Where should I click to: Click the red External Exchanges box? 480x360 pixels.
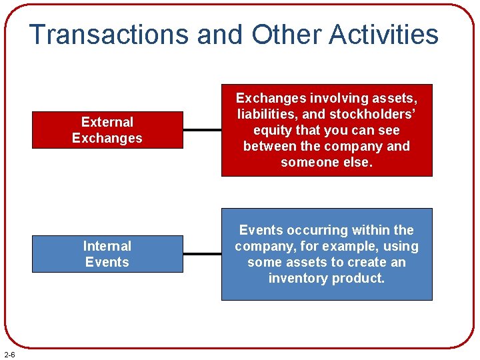click(x=107, y=130)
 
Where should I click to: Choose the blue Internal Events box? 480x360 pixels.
click(x=107, y=254)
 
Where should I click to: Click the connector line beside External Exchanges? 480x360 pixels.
click(x=202, y=130)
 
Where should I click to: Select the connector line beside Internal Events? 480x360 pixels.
click(x=202, y=254)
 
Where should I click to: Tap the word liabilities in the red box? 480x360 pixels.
click(x=263, y=114)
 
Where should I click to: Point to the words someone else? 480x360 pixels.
click(x=327, y=162)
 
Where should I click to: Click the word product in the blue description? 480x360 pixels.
click(x=361, y=278)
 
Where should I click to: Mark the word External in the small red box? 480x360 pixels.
click(x=107, y=122)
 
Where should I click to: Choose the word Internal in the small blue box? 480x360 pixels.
click(x=107, y=246)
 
